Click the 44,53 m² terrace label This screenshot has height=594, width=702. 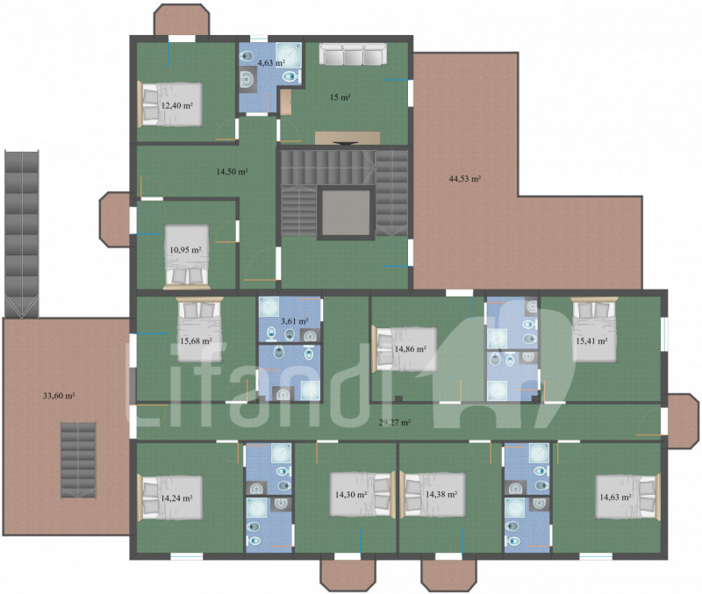(465, 179)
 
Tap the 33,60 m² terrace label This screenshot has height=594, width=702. (59, 396)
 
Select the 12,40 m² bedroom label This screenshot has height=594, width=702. (177, 106)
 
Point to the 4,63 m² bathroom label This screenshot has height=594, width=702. (271, 63)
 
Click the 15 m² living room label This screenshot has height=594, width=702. (340, 97)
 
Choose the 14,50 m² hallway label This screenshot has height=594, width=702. (232, 171)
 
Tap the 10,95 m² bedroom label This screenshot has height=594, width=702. (185, 250)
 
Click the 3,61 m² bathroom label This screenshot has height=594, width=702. (294, 321)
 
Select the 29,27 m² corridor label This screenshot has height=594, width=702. (395, 422)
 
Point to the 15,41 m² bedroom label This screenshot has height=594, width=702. (591, 341)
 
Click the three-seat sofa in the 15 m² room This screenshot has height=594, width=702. (353, 54)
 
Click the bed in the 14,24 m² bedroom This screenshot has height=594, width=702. (170, 497)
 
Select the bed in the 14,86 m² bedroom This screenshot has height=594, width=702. (405, 349)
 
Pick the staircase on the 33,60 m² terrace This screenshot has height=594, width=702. (78, 460)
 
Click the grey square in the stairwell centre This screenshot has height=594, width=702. (346, 212)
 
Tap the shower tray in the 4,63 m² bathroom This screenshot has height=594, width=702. (289, 54)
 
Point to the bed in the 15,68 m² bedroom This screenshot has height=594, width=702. (200, 330)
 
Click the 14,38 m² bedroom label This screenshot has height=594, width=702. (441, 495)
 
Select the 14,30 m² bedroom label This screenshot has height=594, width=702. (351, 495)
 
